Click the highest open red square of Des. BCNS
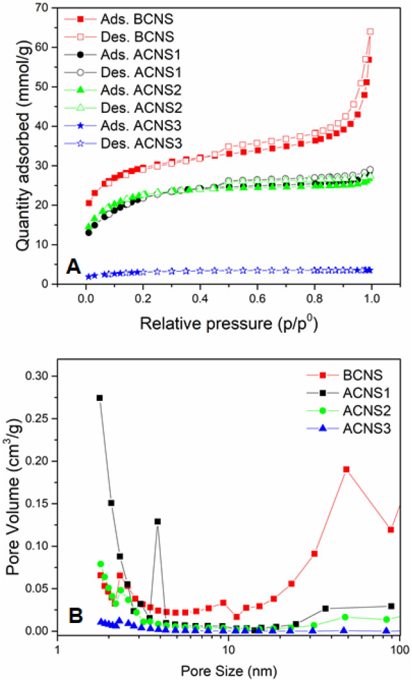point(370,31)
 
